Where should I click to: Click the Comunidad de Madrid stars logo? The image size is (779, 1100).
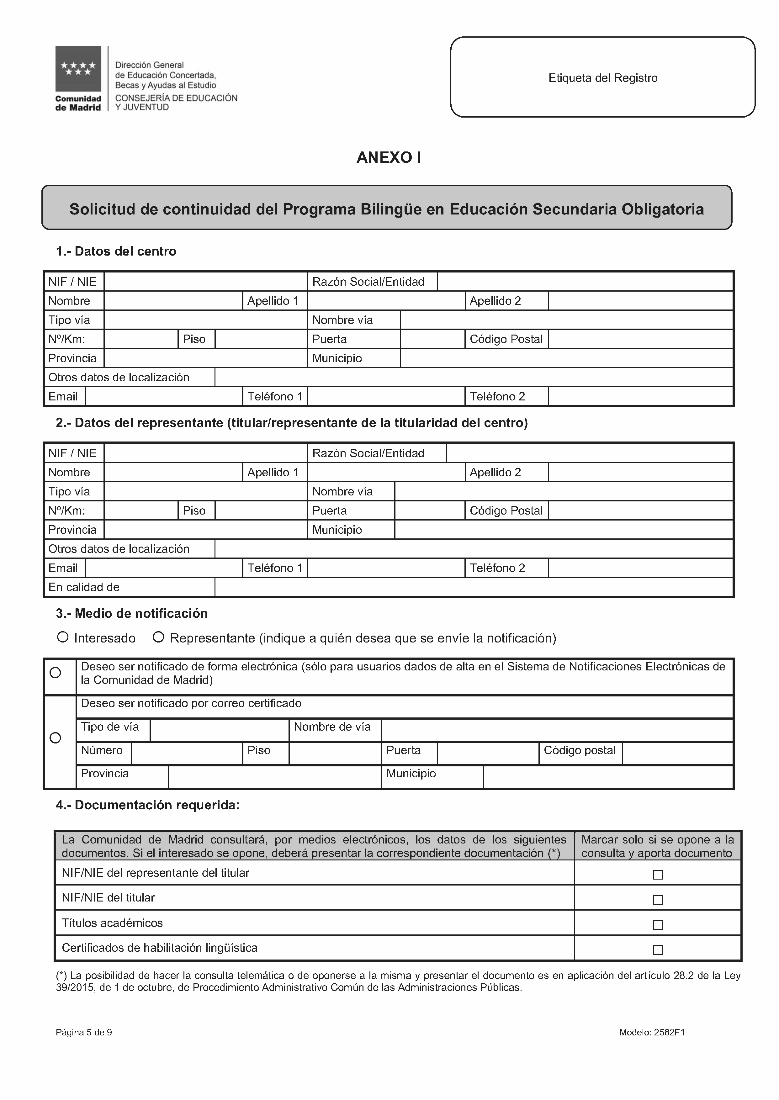78,69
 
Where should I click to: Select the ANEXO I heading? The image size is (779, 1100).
389,158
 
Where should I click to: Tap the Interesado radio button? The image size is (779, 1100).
62,637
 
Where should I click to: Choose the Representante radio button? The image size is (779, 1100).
158,637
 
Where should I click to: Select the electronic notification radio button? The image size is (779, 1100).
56,673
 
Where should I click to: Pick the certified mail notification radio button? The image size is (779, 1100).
56,738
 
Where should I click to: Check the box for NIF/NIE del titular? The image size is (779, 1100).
658,900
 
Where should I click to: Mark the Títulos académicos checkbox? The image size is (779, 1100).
658,924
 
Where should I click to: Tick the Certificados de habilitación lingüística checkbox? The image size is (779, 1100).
658,949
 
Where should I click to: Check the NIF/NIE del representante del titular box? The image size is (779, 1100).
658,875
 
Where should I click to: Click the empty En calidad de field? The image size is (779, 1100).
474,587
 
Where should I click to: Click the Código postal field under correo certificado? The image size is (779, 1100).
677,753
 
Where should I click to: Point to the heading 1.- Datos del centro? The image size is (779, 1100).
116,251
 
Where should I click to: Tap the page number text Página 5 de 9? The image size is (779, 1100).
84,1032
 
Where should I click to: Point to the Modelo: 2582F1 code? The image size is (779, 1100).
651,1032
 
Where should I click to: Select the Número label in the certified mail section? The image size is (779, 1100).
102,750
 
